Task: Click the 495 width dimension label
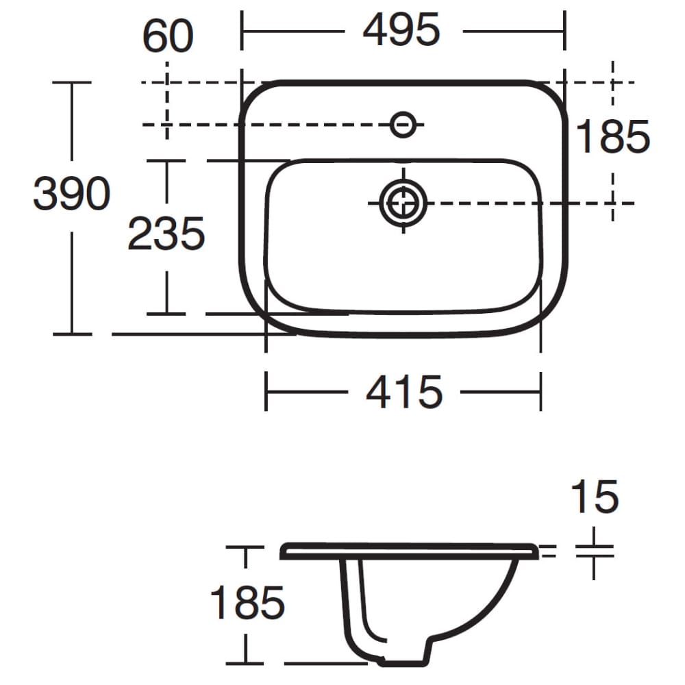401,31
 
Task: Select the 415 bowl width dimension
404,393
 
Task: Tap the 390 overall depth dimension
71,194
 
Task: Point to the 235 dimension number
166,234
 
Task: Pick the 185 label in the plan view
612,136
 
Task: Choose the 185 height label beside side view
247,603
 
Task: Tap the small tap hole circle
403,124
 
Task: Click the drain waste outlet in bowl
403,203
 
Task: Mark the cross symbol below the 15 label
594,552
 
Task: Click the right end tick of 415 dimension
540,393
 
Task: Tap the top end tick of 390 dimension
72,82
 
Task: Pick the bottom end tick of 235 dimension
166,314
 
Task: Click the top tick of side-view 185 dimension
245,547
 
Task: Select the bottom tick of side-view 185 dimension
245,663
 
